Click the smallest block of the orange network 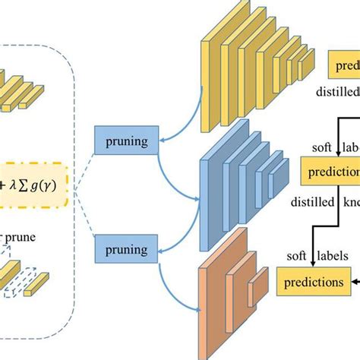pyautogui.click(x=258, y=285)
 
